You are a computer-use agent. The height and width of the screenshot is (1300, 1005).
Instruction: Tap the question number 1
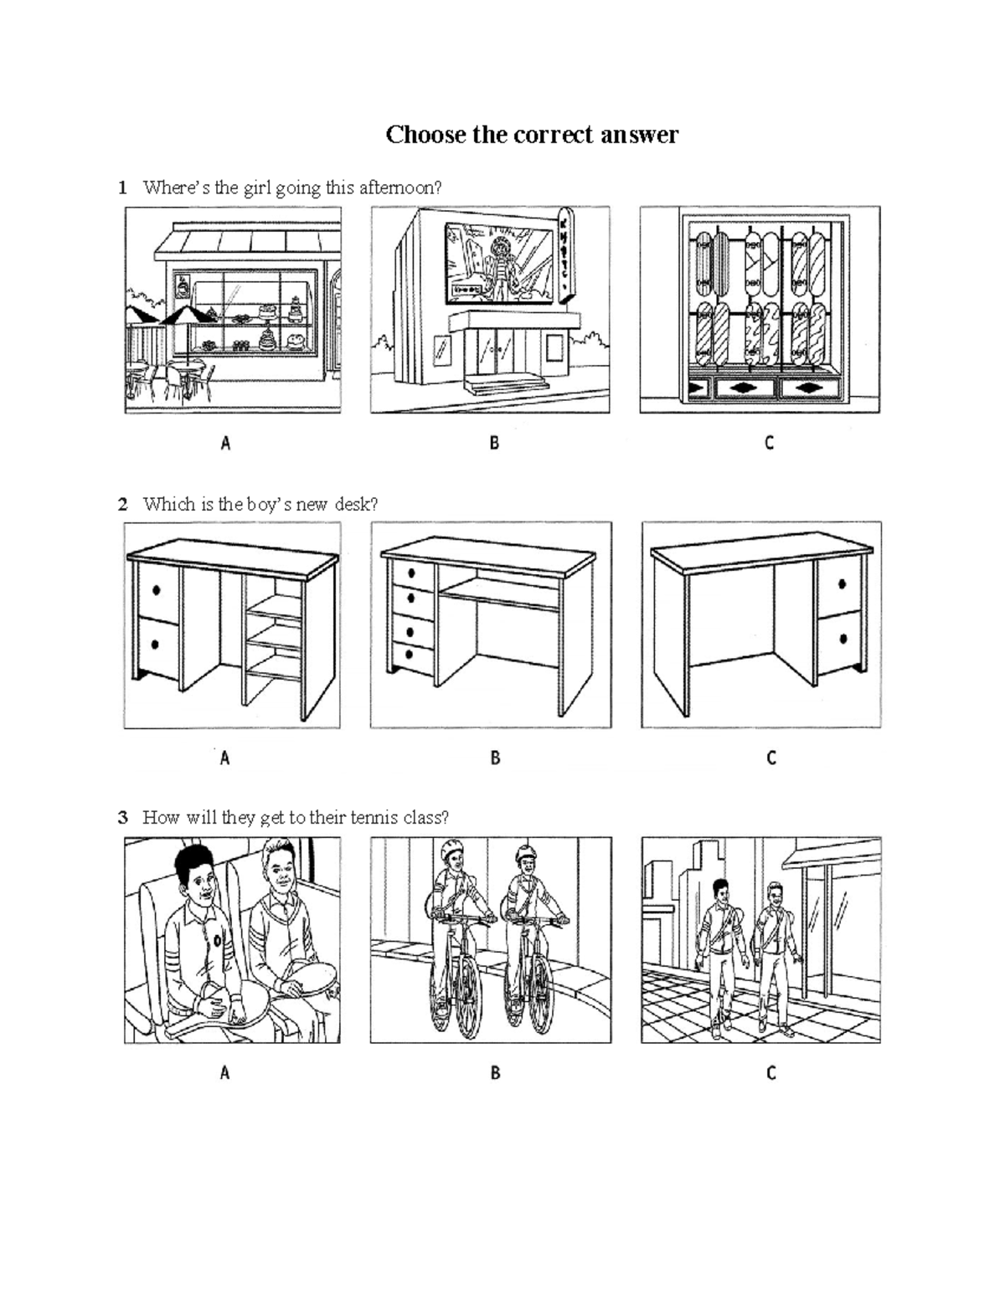[122, 188]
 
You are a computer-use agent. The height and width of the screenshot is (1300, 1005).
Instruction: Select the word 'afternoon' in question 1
[399, 188]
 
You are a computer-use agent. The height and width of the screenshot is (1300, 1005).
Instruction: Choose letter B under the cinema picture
[494, 443]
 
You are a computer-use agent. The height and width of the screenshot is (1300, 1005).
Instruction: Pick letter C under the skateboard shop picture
[769, 443]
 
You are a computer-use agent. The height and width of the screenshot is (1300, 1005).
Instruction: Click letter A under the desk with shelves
[224, 758]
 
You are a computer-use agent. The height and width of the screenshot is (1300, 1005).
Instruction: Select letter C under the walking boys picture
[770, 1072]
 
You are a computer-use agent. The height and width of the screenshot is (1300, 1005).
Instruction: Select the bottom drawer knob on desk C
[843, 639]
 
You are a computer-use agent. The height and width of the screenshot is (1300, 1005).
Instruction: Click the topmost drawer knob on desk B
[411, 574]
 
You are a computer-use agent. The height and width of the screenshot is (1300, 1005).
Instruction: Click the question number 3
[122, 817]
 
